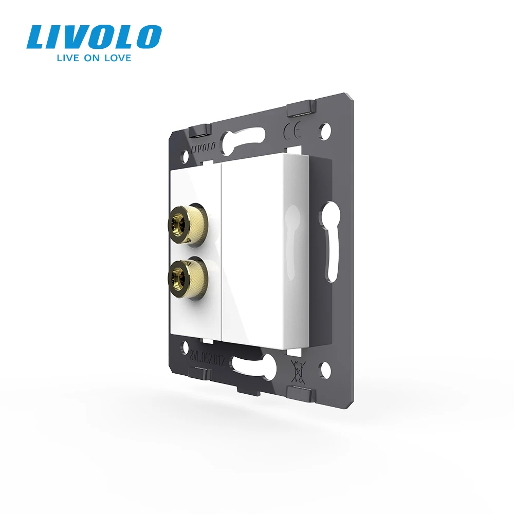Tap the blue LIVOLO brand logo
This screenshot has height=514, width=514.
pos(94,38)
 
